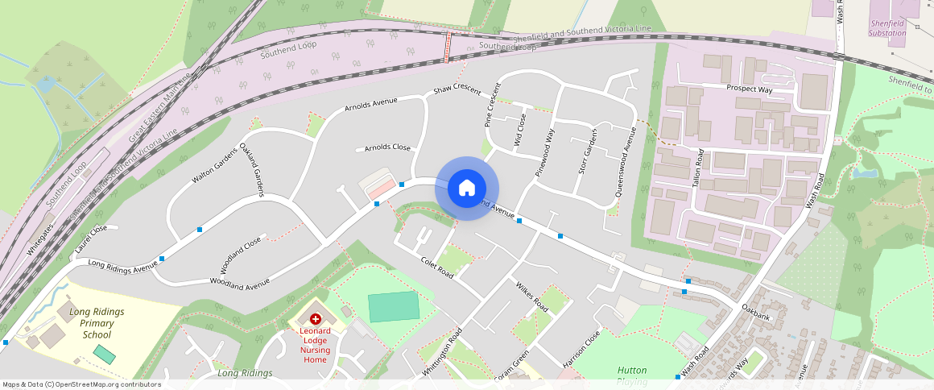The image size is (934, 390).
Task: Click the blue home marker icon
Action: (x=466, y=189)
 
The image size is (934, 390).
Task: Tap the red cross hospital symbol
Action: (x=316, y=320)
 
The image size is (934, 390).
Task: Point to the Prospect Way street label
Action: (x=749, y=89)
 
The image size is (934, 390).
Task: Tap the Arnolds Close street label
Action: (x=387, y=148)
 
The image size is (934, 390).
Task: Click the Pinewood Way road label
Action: (x=545, y=151)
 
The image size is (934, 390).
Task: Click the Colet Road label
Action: (x=437, y=268)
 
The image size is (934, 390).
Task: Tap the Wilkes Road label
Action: (x=531, y=297)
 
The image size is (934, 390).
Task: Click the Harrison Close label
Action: (x=583, y=349)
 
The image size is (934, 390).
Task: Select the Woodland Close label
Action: (x=241, y=255)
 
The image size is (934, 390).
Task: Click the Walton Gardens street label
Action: (x=213, y=165)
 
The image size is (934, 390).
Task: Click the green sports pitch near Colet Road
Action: (x=394, y=307)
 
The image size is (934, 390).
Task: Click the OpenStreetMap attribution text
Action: (x=82, y=384)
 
